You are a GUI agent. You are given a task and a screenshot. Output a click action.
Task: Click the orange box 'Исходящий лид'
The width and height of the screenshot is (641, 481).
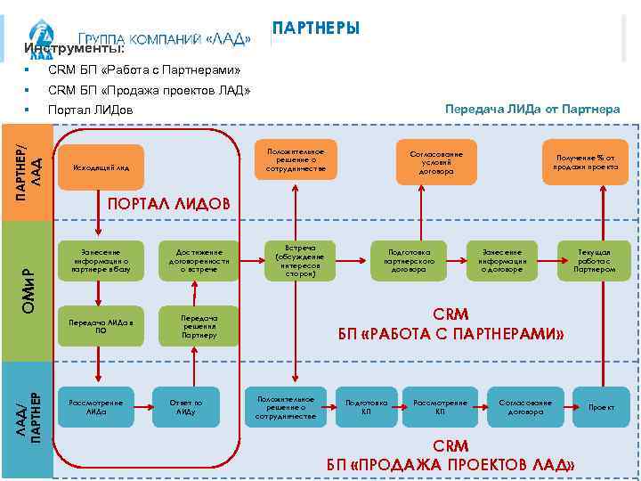coord(102,167)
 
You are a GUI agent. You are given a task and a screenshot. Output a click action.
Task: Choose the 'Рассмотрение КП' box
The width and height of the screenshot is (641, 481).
coord(440,407)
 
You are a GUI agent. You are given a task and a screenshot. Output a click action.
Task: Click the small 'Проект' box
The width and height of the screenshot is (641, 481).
coord(601,407)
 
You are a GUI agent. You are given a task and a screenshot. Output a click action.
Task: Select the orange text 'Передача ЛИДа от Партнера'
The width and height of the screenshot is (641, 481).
coord(532,110)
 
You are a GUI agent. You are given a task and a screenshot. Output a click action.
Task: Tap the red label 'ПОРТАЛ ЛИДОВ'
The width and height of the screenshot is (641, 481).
coord(168,204)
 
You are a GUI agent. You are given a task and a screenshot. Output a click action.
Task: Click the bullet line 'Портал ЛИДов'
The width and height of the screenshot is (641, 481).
coord(90,110)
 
